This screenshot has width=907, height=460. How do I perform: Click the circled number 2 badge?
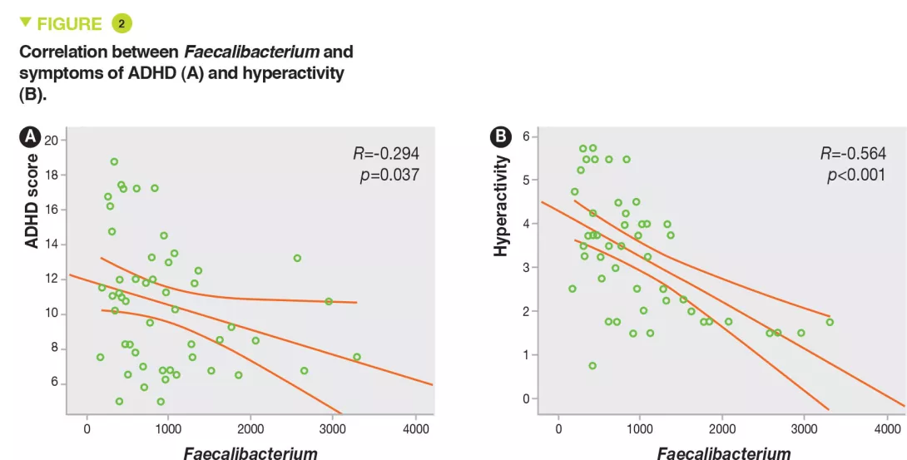point(121,23)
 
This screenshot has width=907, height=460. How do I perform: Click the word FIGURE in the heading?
point(69,24)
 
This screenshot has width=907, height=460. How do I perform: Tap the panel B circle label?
point(502,136)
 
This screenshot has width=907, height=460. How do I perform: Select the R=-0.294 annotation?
point(386,153)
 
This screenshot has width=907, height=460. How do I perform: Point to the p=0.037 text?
point(389,175)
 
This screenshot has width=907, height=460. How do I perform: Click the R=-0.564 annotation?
point(853,153)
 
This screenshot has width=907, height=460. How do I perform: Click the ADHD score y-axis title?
point(32,200)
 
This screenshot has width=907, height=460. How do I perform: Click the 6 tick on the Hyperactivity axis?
point(525,136)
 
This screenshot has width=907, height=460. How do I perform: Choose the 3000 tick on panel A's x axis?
point(332,428)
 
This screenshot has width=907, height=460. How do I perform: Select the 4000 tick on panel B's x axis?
point(885,428)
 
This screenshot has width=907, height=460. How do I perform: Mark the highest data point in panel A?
point(114,161)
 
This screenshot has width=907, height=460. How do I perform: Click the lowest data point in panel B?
point(592,366)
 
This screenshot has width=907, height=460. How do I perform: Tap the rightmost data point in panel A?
point(357,357)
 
